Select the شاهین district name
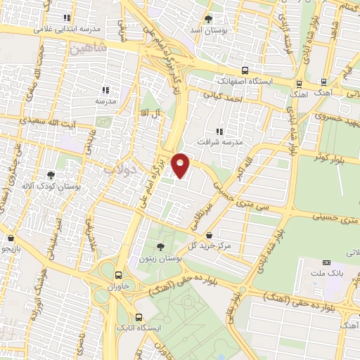(x=88, y=49)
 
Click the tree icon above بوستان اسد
(x=207, y=20)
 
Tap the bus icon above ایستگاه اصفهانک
(x=245, y=70)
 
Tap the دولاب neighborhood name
(x=118, y=169)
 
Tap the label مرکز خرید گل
(x=214, y=245)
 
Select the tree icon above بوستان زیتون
(x=161, y=246)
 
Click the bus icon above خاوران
(x=118, y=276)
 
